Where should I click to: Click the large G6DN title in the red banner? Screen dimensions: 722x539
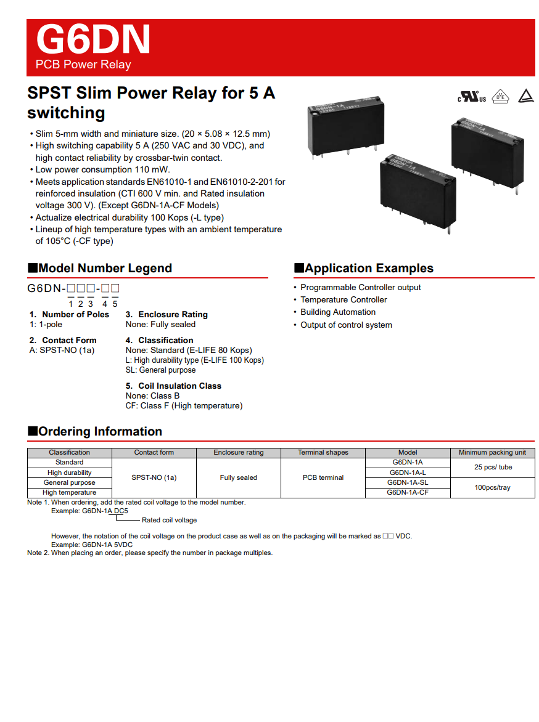tap(93, 39)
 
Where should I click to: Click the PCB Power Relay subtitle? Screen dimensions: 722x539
tap(83, 65)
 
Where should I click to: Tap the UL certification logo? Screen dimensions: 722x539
tap(472, 97)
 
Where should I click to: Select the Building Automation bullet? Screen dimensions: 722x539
tap(338, 312)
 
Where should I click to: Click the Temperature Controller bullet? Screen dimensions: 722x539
tap(344, 300)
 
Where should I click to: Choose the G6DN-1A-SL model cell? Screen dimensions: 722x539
tap(408, 482)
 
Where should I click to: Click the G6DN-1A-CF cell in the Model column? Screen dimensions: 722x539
tap(408, 492)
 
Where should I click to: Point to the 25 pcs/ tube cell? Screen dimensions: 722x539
tap(493, 467)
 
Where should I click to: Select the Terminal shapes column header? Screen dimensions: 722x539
tap(323, 452)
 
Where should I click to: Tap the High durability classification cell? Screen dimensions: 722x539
tap(70, 473)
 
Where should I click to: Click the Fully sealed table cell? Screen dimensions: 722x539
tap(239, 477)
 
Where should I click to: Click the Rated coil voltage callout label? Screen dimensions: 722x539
tap(170, 520)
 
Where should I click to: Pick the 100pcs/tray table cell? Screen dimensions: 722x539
tap(493, 487)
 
